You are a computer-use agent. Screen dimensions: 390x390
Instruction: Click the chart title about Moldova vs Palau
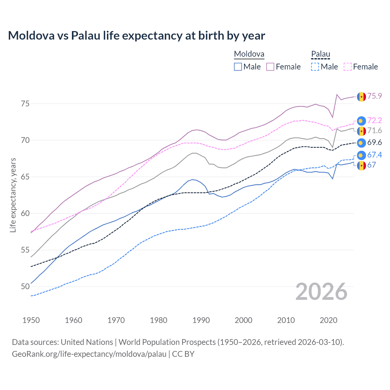coord(136,36)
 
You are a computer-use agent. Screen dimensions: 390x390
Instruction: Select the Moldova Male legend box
coord(238,67)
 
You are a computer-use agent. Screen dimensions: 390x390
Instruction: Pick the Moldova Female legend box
coord(270,67)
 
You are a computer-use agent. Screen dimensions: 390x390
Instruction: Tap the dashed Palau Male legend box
coord(315,67)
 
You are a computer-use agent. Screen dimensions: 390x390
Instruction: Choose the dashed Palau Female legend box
coord(347,67)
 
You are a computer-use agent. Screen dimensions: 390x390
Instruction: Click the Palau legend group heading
coord(321,54)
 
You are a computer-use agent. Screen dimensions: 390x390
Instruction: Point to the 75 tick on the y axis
coord(25,104)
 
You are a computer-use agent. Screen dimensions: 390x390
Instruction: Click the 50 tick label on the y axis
coord(25,287)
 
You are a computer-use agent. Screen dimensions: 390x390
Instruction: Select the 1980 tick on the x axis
coord(158,320)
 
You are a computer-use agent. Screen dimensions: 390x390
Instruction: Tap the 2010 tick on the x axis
coord(286,320)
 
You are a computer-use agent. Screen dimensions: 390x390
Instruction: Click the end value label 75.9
coord(374,96)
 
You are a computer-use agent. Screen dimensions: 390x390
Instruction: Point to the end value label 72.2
coord(374,121)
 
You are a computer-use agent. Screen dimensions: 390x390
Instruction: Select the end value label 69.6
coord(374,143)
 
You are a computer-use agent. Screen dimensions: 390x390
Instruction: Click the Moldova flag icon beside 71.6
coord(361,131)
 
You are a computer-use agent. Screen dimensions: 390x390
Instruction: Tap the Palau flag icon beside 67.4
coord(361,155)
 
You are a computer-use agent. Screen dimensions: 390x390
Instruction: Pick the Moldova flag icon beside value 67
coord(361,165)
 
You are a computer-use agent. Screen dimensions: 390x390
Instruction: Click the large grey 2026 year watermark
coord(321,292)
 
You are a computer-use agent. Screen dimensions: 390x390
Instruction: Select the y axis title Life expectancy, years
coord(13,195)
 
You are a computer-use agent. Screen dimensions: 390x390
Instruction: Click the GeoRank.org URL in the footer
coord(89,354)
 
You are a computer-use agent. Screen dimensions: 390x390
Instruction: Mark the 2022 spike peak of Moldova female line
coord(337,94)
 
